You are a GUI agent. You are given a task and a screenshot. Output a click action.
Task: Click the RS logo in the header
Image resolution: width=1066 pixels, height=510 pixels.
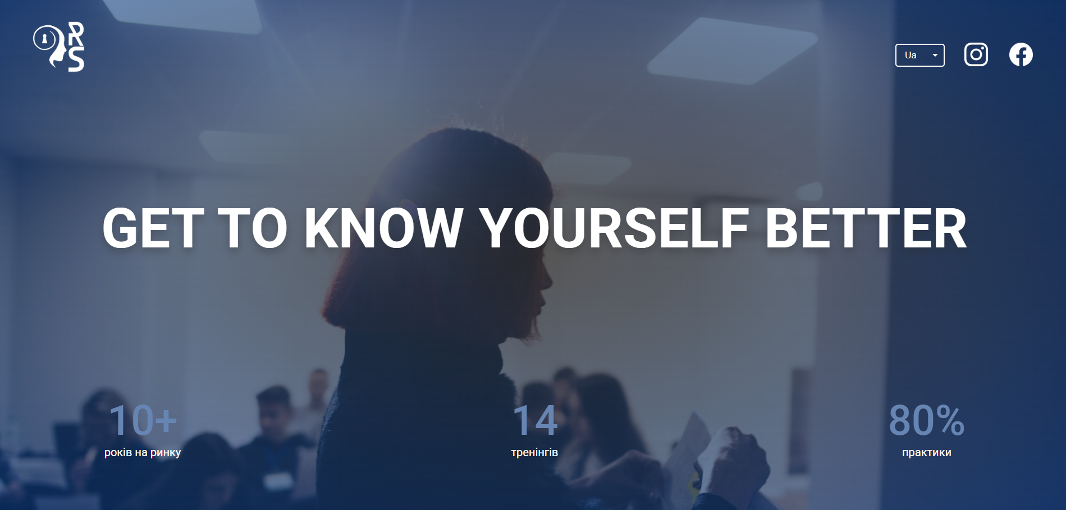tap(59, 47)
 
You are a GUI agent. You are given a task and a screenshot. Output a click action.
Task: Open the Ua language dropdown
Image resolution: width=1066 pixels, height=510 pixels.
tap(919, 55)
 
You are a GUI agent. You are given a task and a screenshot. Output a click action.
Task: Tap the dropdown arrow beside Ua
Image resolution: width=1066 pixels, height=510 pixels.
tap(935, 55)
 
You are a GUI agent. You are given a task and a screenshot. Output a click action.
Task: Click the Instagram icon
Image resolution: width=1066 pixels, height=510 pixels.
tap(976, 54)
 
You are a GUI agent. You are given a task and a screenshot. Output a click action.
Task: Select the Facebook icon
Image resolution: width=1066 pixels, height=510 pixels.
tap(1021, 54)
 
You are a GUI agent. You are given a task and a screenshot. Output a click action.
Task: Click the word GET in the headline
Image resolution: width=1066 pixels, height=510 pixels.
tap(153, 228)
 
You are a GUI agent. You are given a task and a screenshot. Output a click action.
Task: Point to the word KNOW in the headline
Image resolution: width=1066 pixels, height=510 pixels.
tap(383, 228)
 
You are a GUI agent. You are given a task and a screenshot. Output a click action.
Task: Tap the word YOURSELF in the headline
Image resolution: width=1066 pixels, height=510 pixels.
tap(614, 228)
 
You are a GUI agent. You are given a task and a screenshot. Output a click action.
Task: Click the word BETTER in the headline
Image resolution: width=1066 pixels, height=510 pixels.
tap(866, 228)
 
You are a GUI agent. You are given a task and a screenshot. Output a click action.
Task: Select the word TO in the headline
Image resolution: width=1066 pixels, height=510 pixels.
tap(253, 228)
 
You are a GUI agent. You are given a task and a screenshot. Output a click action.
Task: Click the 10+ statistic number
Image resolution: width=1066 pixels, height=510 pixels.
tap(143, 420)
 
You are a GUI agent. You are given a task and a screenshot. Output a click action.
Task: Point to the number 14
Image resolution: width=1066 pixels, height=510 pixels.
tap(535, 420)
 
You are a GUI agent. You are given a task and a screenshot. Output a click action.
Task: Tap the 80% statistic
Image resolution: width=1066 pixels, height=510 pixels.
tap(927, 420)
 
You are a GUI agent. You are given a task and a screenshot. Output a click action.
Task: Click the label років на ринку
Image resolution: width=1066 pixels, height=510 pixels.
tap(143, 452)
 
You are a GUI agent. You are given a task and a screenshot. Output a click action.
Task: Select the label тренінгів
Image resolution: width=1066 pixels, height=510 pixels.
tap(534, 452)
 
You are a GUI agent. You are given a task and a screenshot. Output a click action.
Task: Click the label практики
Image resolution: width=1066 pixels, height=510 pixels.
tap(927, 452)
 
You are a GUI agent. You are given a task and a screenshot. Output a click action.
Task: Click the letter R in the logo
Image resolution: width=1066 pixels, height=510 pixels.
tap(76, 34)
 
